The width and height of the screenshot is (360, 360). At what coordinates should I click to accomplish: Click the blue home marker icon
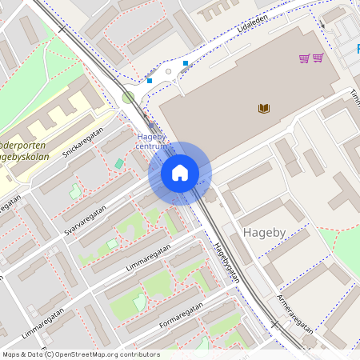180,172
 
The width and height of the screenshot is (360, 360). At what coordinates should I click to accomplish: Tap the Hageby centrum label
150,142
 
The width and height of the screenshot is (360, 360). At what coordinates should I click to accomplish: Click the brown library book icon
263,108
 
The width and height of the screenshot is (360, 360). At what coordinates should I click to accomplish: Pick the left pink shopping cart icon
304,58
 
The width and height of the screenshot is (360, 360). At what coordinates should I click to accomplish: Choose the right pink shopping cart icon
318,58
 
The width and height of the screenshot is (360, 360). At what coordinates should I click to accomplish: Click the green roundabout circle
128,98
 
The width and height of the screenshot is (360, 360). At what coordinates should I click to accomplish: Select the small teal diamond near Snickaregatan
119,163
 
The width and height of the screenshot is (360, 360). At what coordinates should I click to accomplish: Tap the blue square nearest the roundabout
150,80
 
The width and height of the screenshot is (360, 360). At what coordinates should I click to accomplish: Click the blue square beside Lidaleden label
186,63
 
